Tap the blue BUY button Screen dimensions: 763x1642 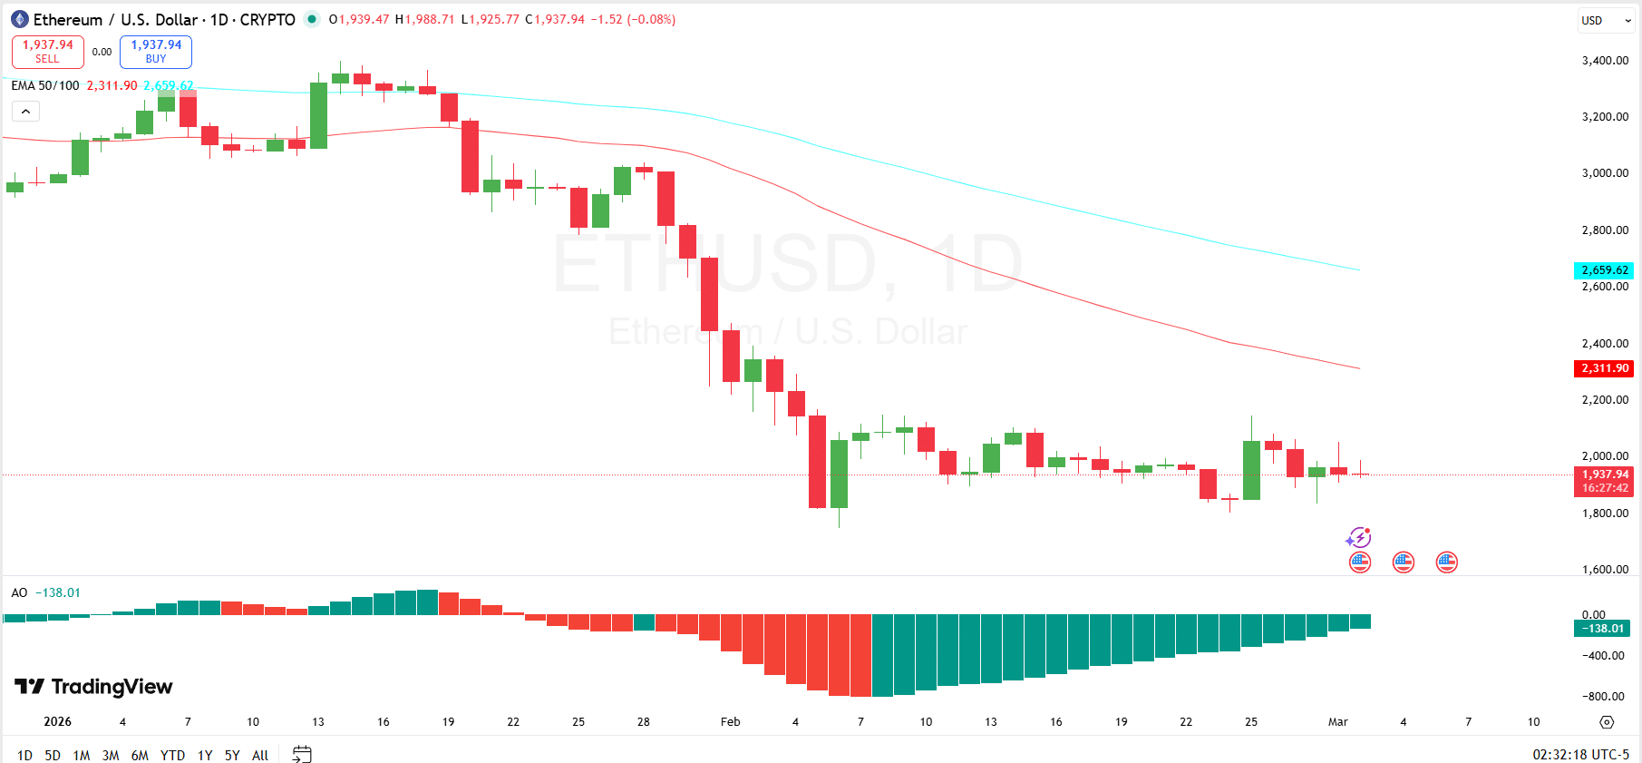[x=156, y=52]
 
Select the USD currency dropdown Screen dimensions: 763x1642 [x=1605, y=20]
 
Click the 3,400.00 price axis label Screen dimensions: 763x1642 [x=1605, y=61]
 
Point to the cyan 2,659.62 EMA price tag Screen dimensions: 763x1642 [x=1604, y=270]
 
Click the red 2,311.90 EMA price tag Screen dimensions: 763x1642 [x=1604, y=368]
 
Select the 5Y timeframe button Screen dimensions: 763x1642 [x=232, y=755]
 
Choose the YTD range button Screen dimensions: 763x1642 [x=172, y=755]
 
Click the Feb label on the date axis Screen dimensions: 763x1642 [x=730, y=722]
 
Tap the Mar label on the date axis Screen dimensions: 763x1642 [x=1337, y=722]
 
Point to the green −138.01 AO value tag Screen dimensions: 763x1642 [x=1602, y=629]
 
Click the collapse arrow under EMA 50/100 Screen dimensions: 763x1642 [x=25, y=112]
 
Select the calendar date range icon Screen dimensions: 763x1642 [x=302, y=754]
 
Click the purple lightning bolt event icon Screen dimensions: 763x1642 [x=1358, y=538]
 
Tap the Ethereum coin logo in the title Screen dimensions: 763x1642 [x=20, y=19]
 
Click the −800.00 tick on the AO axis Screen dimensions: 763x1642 [x=1605, y=697]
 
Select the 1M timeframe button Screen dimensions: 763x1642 [x=82, y=755]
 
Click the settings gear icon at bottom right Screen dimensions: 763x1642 [x=1607, y=722]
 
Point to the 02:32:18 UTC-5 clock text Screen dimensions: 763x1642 [x=1580, y=754]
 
